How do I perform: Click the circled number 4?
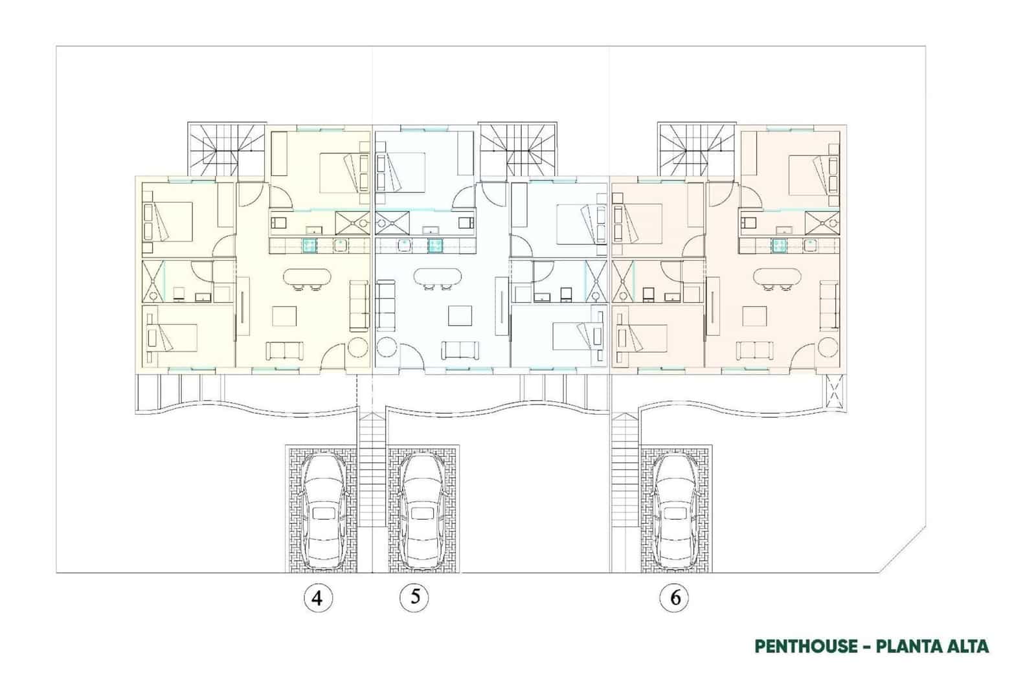point(317,597)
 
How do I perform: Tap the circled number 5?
point(414,597)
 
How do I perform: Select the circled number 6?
point(675,597)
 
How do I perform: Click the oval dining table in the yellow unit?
point(307,278)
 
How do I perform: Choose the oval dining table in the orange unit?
point(777,278)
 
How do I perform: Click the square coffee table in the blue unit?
point(461,316)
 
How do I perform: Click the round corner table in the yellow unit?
point(357,348)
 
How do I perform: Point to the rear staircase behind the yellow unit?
point(227,150)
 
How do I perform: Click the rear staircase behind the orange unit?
point(697,150)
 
